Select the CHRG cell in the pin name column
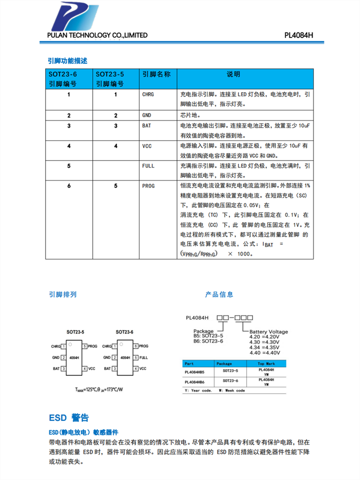(148, 95)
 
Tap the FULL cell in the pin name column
(148, 166)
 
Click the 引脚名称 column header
(156, 74)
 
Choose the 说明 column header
(233, 74)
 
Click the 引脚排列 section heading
(62, 294)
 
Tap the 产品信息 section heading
(219, 294)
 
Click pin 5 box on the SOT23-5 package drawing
(84, 346)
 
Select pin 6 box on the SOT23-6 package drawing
(136, 346)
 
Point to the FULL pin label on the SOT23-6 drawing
(144, 358)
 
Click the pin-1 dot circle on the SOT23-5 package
(70, 344)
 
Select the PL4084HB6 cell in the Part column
(194, 382)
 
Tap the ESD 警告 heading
(69, 418)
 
